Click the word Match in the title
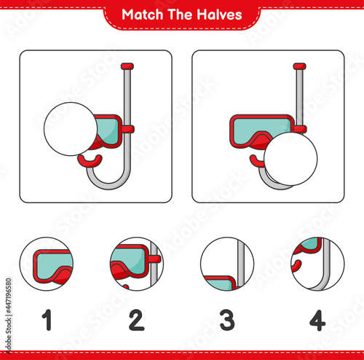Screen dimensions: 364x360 tap(142, 15)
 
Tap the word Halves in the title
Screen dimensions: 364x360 tap(219, 15)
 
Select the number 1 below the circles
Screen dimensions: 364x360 tap(47, 320)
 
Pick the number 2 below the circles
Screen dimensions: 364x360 tap(137, 320)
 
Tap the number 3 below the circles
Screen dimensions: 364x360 tap(227, 320)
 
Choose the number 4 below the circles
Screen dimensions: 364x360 tap(317, 320)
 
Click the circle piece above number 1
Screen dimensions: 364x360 tap(47, 264)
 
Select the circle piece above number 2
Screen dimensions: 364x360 tap(137, 264)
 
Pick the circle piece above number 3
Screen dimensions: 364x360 tap(227, 264)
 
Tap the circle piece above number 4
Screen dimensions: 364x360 tap(317, 264)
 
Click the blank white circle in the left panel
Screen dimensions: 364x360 tap(71, 129)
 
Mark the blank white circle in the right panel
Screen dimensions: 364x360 tap(290, 159)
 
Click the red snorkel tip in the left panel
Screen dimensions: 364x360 tap(127, 66)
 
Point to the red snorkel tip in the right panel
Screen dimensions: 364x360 tap(300, 66)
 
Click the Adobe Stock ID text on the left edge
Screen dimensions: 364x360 tap(9, 316)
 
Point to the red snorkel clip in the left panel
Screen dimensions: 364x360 tap(128, 129)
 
